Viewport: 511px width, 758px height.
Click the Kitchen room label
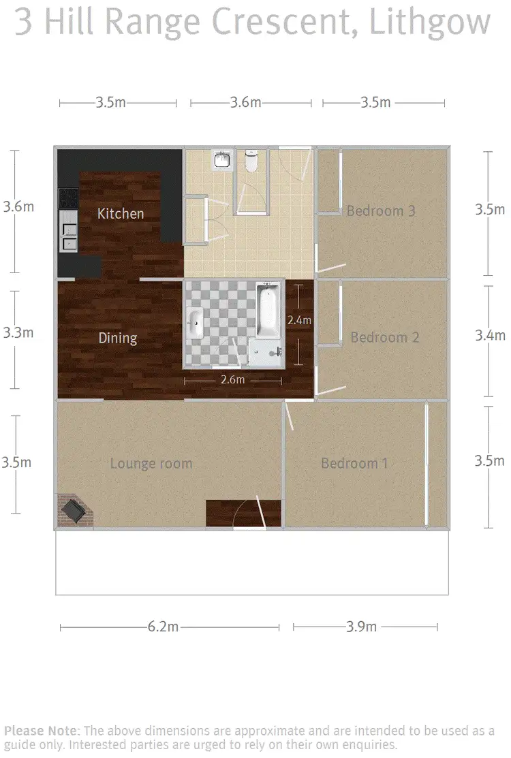[x=121, y=214]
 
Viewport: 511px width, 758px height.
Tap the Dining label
[x=118, y=338]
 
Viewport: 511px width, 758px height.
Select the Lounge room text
[x=151, y=464]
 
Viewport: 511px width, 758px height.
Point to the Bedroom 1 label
[x=354, y=464]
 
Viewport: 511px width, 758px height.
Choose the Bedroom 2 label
[x=384, y=337]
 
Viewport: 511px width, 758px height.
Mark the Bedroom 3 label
[x=381, y=210]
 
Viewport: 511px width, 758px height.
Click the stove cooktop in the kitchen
[x=69, y=198]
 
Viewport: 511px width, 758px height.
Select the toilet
[x=251, y=162]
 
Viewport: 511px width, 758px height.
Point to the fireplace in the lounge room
[x=72, y=511]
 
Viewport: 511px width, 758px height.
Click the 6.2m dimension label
[x=163, y=627]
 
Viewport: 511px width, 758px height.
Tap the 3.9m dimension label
[x=361, y=627]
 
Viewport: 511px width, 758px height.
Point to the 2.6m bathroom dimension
[x=232, y=379]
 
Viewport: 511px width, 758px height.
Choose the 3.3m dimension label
[x=18, y=333]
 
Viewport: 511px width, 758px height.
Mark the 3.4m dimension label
[x=491, y=335]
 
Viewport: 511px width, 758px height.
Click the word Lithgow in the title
[x=430, y=22]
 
